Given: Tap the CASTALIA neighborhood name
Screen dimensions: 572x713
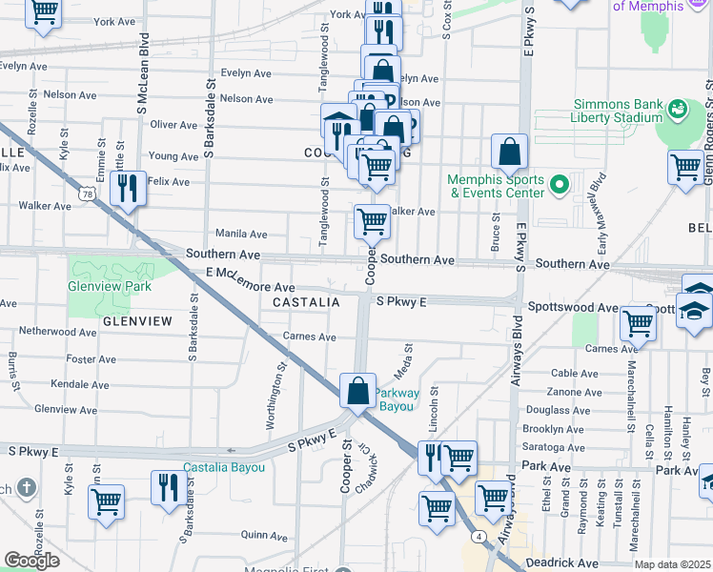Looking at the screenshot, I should coord(306,302).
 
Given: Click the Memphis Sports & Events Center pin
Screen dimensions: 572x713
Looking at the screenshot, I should coord(560,183).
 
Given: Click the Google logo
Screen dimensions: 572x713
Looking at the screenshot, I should coord(31,561).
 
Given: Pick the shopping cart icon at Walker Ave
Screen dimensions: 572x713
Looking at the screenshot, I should coord(372,222).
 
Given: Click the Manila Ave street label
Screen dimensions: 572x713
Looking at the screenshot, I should coord(241,234).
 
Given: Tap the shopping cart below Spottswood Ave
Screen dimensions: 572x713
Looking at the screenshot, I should coord(637,324).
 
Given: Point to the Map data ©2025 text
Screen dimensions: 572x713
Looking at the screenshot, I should coord(673,564).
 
